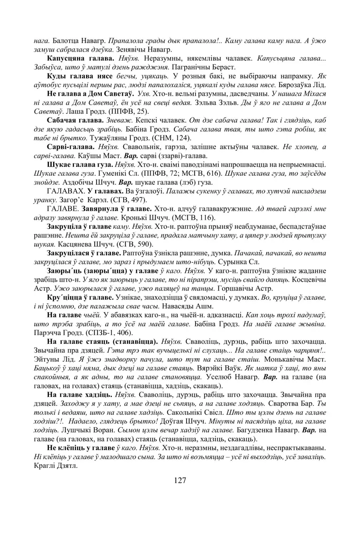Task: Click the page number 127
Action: coord(180,480)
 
